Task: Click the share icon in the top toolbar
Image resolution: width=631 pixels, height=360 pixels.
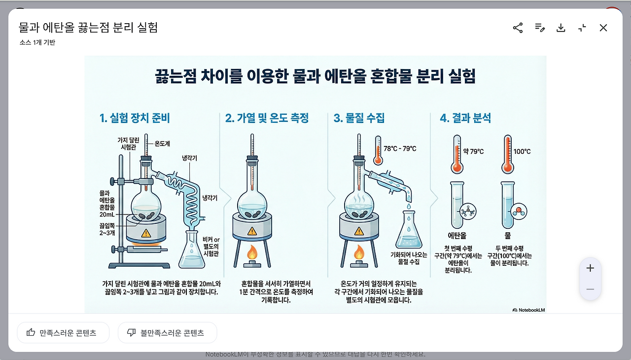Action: tap(518, 28)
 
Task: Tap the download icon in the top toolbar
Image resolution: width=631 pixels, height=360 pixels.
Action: tap(561, 28)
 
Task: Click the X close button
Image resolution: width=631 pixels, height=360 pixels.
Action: tap(603, 28)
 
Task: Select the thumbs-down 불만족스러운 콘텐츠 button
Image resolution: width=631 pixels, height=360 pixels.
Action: tap(167, 333)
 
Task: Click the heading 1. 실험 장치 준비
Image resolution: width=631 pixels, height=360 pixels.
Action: tap(135, 118)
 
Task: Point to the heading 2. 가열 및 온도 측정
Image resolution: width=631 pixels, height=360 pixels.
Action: tap(267, 118)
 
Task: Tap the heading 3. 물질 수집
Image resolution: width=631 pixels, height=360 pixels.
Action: tap(359, 118)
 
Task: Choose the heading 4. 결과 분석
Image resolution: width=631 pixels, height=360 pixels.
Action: tap(465, 118)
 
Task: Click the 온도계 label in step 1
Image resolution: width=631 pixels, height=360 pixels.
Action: tap(162, 144)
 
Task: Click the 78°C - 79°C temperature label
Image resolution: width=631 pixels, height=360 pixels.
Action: tap(400, 148)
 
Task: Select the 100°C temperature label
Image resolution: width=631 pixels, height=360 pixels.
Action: tap(522, 151)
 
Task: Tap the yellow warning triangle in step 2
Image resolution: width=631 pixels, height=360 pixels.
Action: tap(252, 231)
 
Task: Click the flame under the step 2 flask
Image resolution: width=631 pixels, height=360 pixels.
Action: tap(252, 253)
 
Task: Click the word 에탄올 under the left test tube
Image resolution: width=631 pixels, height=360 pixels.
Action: tap(457, 236)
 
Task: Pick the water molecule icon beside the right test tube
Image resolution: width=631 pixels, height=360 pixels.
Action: tap(518, 211)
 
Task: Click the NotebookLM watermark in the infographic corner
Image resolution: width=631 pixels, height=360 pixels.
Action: tap(529, 310)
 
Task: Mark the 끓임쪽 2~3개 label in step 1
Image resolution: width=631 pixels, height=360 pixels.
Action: tap(107, 229)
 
